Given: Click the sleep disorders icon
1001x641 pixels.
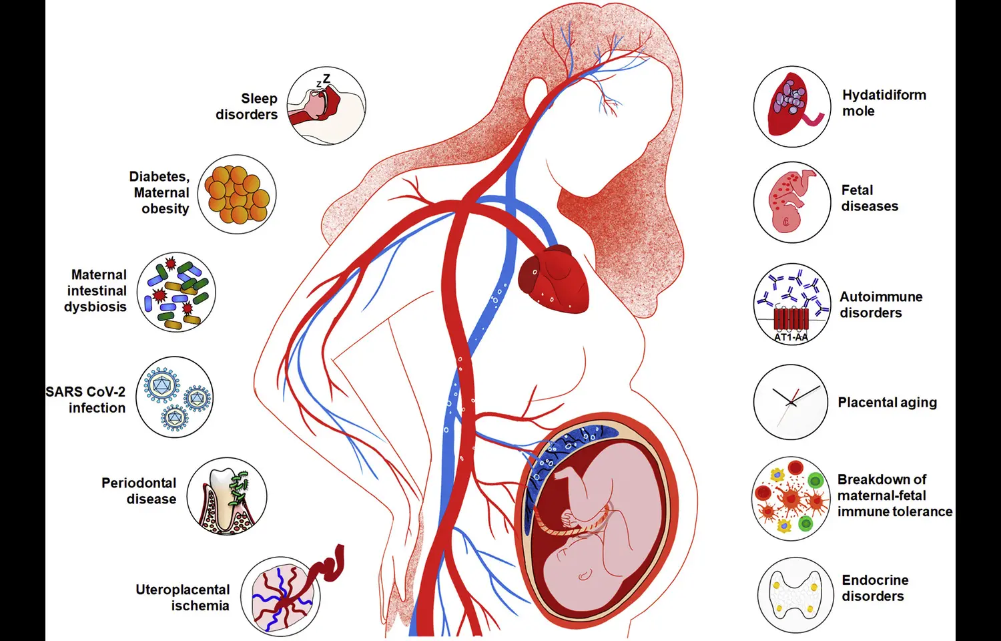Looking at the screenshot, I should click(326, 105).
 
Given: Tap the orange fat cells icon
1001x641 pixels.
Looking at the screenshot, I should click(237, 194).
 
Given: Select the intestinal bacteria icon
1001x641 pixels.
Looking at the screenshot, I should click(177, 292).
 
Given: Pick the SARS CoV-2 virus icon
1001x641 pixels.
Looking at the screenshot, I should click(175, 397).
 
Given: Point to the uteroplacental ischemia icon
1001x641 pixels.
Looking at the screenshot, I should click(280, 596).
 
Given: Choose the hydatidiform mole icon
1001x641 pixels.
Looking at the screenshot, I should click(791, 106).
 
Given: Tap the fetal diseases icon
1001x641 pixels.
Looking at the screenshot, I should click(791, 202).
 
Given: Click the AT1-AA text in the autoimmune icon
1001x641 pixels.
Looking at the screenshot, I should click(791, 337).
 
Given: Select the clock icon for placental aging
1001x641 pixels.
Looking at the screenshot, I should click(791, 402).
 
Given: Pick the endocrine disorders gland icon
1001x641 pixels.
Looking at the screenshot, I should click(795, 595).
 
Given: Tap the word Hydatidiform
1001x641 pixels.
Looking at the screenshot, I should click(884, 95).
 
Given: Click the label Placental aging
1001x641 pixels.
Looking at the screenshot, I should click(887, 403).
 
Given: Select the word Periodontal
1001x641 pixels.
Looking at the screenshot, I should click(139, 483).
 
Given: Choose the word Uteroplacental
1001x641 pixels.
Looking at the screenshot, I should click(182, 590).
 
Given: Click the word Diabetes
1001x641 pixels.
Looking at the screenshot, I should click(159, 176).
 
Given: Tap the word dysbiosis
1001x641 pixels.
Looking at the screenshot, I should click(95, 306).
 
